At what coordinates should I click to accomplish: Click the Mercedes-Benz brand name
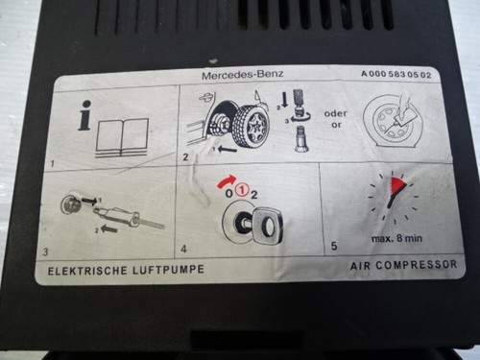point(243,75)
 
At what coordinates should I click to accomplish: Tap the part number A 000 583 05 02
point(396,74)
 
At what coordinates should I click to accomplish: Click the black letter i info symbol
point(84,115)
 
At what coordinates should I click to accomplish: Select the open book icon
point(122,138)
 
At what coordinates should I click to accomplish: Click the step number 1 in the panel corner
point(53,164)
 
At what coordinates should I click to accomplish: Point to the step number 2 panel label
point(185,157)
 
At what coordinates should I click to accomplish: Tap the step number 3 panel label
point(46,252)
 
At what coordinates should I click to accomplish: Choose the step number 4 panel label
point(183,249)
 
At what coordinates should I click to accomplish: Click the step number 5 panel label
point(334,246)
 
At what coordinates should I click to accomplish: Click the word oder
point(336,113)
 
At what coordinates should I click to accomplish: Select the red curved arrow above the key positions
point(228,181)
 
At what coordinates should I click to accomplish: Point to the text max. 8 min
point(396,238)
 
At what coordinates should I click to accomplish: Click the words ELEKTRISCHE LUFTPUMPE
point(126,270)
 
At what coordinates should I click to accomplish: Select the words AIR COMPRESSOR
point(403,265)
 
